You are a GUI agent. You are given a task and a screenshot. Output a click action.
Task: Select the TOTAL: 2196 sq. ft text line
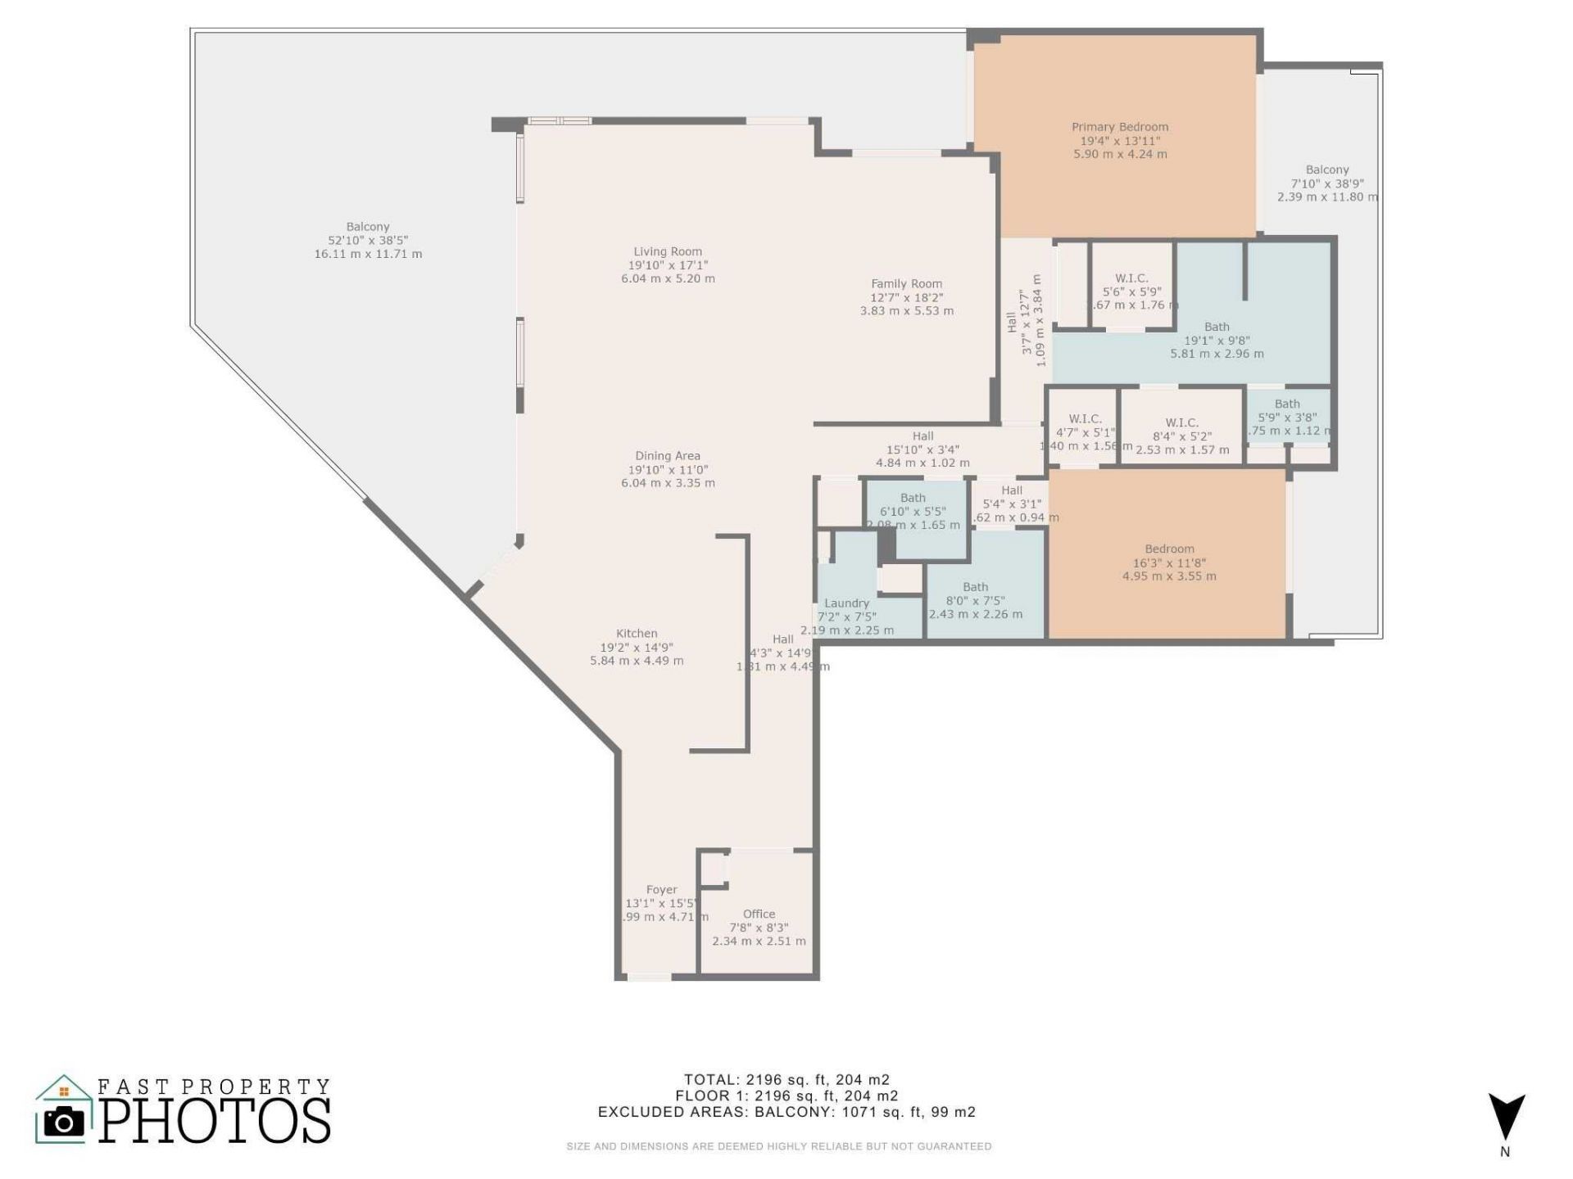click(x=786, y=1079)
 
